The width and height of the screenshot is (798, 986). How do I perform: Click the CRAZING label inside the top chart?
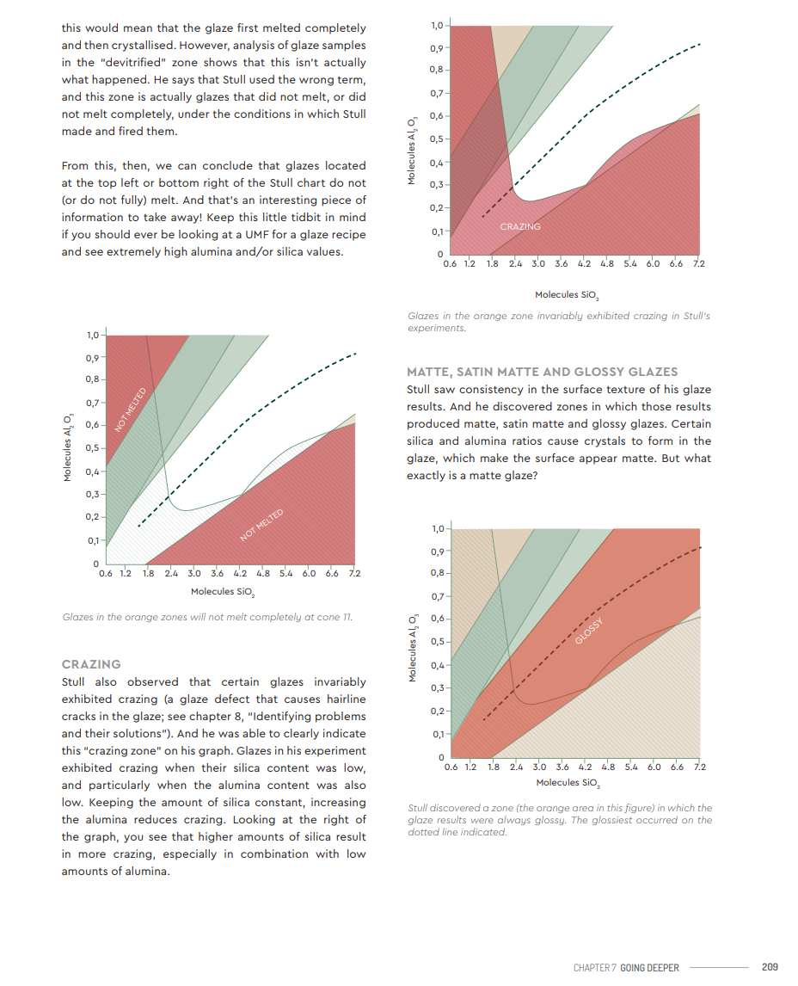[520, 226]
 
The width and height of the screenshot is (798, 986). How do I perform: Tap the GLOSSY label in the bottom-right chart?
[589, 631]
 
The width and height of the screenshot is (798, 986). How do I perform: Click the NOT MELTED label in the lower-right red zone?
[261, 525]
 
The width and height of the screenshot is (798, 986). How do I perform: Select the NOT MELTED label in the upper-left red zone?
[131, 410]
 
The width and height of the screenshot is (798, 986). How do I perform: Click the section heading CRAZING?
[91, 664]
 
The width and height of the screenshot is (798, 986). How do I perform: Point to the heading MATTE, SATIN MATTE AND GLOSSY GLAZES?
[543, 372]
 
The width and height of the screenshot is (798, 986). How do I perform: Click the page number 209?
[770, 967]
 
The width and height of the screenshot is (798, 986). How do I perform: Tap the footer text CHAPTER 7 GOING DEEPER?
[626, 968]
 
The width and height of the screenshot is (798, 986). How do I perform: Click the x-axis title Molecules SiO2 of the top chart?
[567, 295]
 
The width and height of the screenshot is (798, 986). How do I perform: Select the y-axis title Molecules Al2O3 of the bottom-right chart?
[413, 649]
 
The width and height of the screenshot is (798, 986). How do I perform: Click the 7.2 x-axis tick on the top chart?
[699, 264]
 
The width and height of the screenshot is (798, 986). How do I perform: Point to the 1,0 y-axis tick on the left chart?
[93, 336]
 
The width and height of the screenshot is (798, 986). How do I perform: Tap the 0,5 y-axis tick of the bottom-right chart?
[438, 641]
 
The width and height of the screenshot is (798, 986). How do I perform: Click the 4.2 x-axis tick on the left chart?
[240, 574]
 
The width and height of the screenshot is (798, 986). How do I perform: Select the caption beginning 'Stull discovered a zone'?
[560, 820]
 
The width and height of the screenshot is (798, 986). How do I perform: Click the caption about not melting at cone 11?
[207, 618]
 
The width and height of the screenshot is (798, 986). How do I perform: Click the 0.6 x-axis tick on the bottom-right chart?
[451, 767]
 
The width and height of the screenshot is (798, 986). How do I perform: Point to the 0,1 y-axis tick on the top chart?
[438, 231]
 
